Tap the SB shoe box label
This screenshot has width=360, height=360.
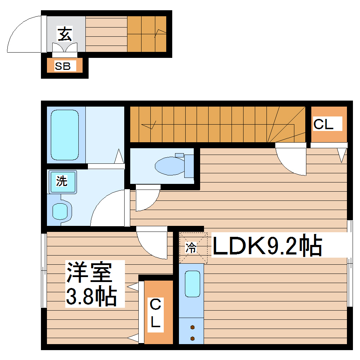coord(63,66)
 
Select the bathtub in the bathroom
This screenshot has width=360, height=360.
coord(65,134)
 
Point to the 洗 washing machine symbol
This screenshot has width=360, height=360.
coord(62,182)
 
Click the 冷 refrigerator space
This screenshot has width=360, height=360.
coord(191,248)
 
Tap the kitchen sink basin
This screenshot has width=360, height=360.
coord(192,284)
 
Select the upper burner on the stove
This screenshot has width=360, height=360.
coord(192,327)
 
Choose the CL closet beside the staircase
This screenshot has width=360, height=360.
coord(328,124)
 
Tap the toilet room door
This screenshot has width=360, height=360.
coord(146,198)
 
